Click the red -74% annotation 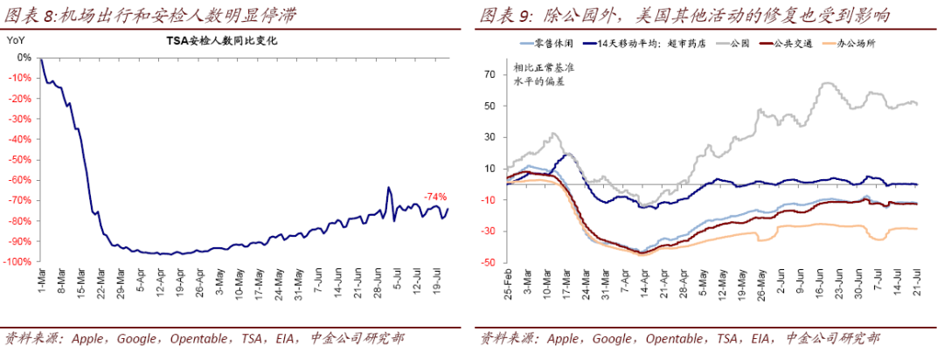pos(436,196)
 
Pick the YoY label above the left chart pos(15,40)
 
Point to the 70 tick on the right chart pos(490,74)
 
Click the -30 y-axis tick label pos(489,231)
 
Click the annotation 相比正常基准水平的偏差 pos(539,74)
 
